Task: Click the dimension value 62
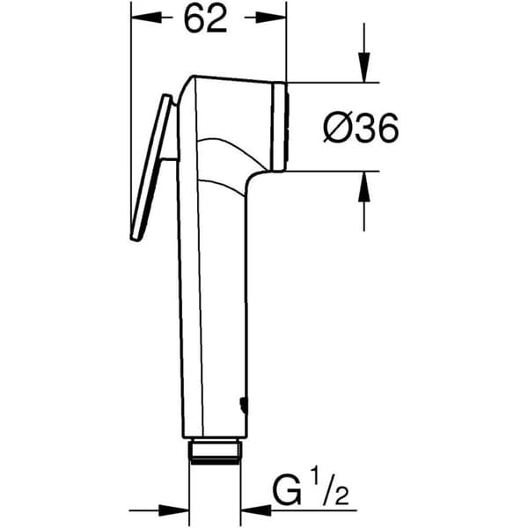click(x=205, y=18)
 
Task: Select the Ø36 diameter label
click(x=361, y=128)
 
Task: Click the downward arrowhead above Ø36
click(x=364, y=67)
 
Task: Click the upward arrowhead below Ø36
click(x=364, y=187)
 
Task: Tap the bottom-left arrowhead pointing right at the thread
click(x=173, y=510)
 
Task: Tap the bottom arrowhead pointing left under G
click(x=256, y=510)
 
